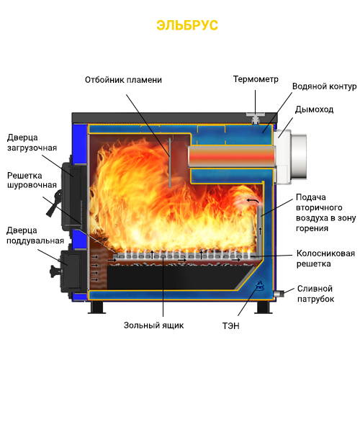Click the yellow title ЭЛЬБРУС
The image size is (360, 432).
(187, 25)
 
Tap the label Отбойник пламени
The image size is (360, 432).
(123, 80)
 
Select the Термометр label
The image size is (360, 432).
(256, 79)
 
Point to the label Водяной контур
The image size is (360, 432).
(324, 86)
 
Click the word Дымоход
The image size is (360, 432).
(314, 109)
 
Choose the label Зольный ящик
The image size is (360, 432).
(153, 325)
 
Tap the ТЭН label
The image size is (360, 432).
(230, 326)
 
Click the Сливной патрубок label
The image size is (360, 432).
(315, 294)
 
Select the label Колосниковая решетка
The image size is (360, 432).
(325, 258)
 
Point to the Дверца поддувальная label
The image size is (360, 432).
(35, 235)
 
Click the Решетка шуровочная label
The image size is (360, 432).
(32, 180)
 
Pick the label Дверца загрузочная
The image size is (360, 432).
(32, 143)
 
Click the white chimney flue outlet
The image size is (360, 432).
(289, 157)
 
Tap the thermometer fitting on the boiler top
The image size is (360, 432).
(256, 118)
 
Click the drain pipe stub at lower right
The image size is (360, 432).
(278, 294)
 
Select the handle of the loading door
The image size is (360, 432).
(53, 203)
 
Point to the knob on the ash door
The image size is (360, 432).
(55, 271)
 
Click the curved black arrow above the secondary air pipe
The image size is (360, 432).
(253, 201)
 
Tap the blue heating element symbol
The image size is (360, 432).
(259, 285)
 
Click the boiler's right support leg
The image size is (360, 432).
(263, 307)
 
